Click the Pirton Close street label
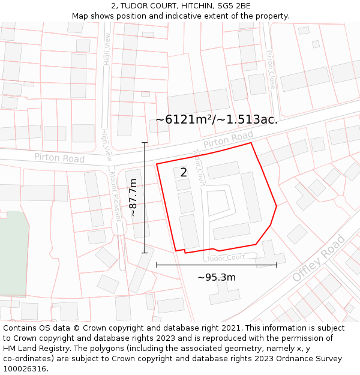click(x=270, y=70)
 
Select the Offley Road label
click(x=319, y=259)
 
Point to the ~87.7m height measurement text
click(x=133, y=197)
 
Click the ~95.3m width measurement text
click(x=217, y=277)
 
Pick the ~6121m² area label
click(x=217, y=119)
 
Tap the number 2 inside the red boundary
click(x=184, y=172)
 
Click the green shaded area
click(x=12, y=252)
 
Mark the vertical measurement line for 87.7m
click(x=145, y=198)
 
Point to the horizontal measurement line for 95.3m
click(x=217, y=265)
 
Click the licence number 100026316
click(x=26, y=369)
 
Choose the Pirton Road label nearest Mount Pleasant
click(x=59, y=158)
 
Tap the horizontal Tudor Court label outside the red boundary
click(x=226, y=257)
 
